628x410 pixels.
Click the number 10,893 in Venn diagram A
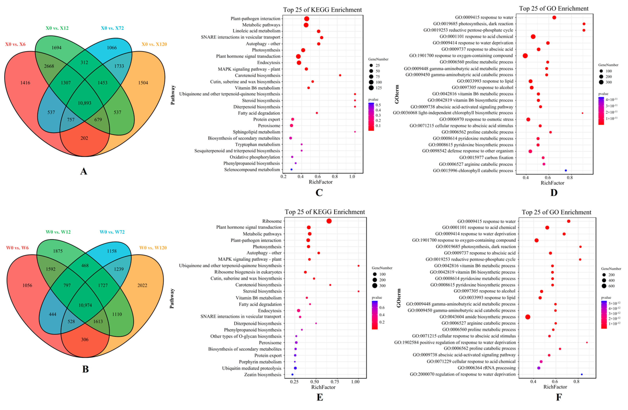(x=84, y=103)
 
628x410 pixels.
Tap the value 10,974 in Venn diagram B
(x=85, y=305)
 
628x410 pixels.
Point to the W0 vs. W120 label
(x=153, y=248)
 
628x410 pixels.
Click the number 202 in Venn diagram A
(x=84, y=138)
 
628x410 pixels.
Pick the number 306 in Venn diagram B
(x=85, y=339)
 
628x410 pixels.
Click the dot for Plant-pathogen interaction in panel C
(x=307, y=19)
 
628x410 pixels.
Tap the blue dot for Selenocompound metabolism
(x=291, y=169)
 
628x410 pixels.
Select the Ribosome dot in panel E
(x=329, y=221)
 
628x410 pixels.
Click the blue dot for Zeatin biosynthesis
(x=292, y=375)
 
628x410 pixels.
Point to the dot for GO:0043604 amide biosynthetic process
(x=528, y=317)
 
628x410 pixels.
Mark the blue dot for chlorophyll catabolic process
(x=566, y=170)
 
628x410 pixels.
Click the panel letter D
(x=554, y=193)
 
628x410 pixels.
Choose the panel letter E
(x=320, y=397)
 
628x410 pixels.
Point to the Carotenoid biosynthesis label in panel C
(x=258, y=75)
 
